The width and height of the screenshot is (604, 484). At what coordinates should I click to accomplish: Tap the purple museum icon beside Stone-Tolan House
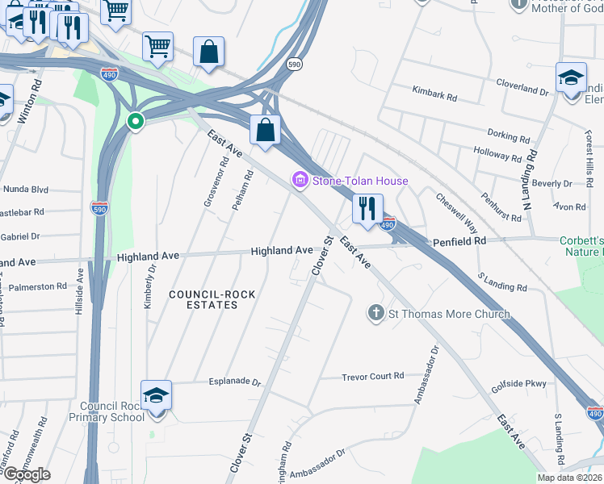tap(300, 181)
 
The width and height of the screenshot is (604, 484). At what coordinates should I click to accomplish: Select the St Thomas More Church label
tap(450, 314)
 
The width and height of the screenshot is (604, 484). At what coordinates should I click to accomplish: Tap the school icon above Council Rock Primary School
tap(156, 395)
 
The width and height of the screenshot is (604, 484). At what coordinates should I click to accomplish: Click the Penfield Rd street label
tap(459, 241)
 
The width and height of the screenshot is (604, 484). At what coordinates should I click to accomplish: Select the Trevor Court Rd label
tap(372, 376)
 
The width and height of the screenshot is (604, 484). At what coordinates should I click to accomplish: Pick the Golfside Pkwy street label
tap(519, 383)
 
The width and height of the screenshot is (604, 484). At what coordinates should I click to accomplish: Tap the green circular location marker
tap(135, 122)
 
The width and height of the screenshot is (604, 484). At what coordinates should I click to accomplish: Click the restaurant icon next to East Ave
tap(367, 208)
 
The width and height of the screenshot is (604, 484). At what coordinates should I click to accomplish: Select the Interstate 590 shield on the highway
tap(100, 208)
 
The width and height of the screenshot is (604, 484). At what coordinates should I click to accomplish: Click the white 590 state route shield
tap(295, 62)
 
